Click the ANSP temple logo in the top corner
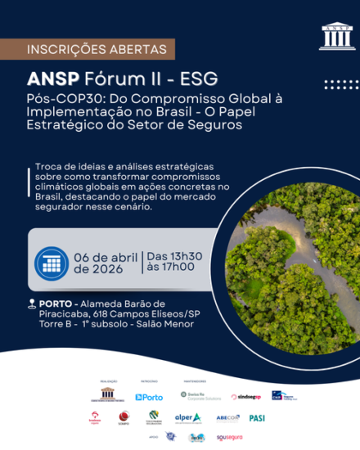tap(332, 36)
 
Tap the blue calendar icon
tap(52, 263)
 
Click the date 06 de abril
tap(107, 255)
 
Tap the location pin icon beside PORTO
tap(31, 304)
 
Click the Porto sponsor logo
tap(149, 397)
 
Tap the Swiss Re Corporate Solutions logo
tap(200, 395)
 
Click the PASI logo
tap(257, 417)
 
